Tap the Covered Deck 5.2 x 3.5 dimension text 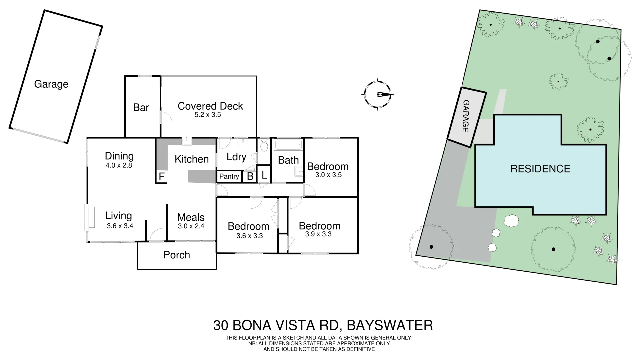click(208, 115)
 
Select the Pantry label click(229, 176)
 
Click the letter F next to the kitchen click(162, 176)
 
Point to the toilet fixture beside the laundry click(264, 146)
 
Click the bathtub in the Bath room click(288, 145)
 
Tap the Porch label click(177, 255)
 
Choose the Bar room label click(141, 107)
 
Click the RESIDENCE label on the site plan click(540, 169)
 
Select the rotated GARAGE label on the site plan click(466, 116)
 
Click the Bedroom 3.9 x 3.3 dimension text click(318, 234)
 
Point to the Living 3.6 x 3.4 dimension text click(120, 226)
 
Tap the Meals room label click(191, 217)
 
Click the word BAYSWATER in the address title click(390, 325)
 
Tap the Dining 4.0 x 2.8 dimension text click(119, 165)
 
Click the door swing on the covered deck click(165, 117)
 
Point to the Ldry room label click(236, 157)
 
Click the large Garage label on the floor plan click(51, 84)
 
